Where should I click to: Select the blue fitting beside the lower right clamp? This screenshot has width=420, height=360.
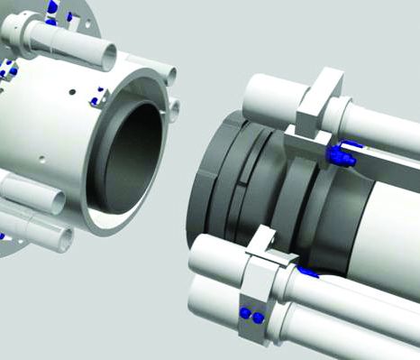pos(308,270)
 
